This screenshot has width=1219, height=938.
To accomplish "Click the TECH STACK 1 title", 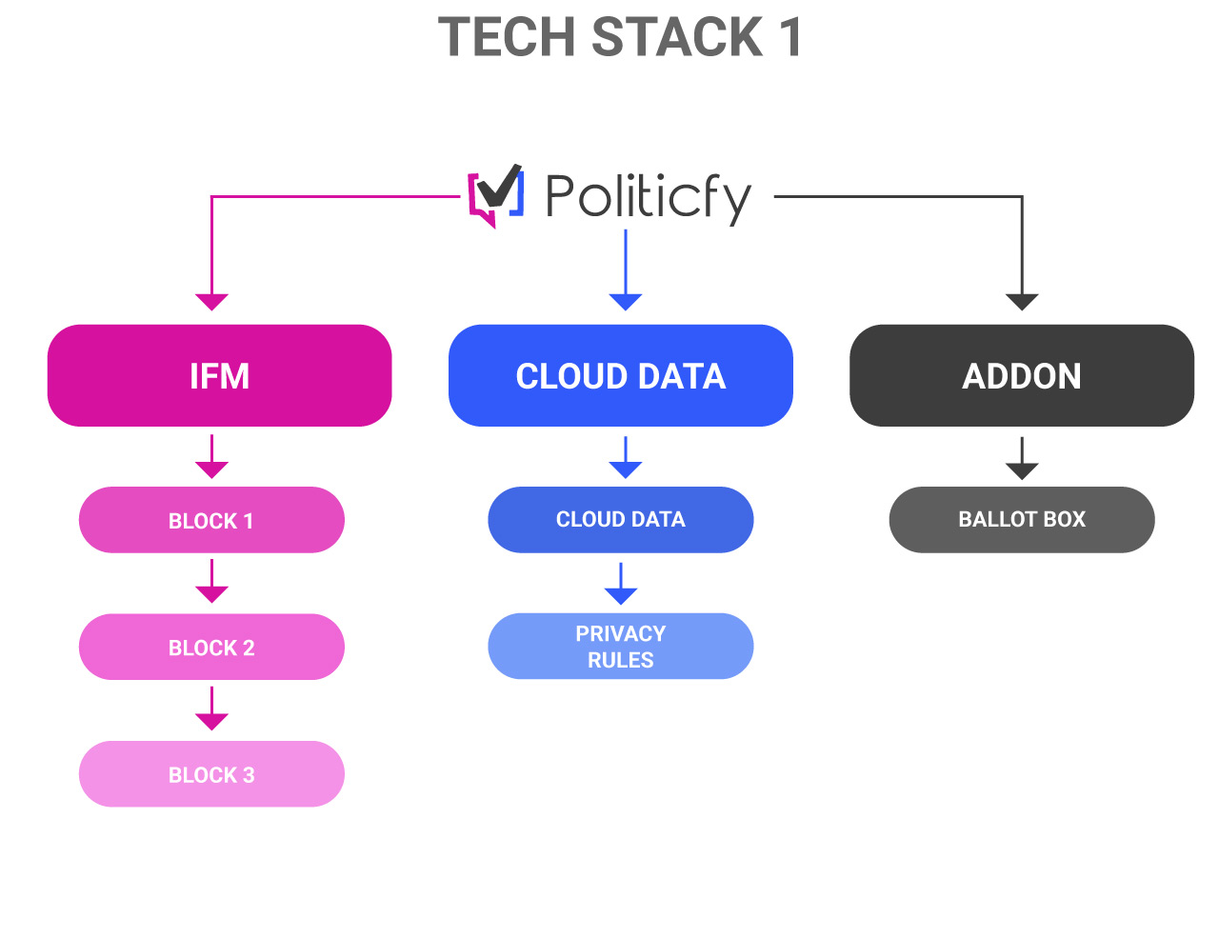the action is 619,37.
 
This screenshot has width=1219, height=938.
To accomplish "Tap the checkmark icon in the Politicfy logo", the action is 499,188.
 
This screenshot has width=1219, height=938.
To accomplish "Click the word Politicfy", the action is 648,197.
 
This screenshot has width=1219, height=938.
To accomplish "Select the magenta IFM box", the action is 219,375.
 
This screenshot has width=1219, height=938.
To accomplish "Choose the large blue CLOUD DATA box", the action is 620,375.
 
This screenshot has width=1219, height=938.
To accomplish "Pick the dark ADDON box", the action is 1022,375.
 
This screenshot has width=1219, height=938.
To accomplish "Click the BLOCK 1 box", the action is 211,520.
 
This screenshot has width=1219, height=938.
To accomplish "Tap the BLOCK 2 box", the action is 211,647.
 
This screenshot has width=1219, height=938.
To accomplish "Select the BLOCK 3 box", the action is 211,774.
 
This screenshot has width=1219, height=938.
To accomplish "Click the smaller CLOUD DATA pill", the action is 620,520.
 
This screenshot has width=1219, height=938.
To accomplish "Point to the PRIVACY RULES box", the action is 620,647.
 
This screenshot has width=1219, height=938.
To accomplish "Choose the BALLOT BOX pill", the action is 1022,520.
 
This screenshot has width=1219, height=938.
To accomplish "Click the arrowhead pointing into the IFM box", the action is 211,302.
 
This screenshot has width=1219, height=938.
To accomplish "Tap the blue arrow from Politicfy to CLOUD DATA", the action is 626,269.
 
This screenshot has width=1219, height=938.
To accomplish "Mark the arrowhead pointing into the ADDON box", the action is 1022,302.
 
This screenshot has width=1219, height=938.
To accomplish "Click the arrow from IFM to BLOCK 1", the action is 211,456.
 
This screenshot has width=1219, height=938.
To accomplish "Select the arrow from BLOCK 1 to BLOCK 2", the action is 211,582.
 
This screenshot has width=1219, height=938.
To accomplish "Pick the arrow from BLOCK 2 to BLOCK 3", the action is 211,708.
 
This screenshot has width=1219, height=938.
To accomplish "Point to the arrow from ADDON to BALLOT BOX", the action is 1022,459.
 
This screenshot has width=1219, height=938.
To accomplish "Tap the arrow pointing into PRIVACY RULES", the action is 620,584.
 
